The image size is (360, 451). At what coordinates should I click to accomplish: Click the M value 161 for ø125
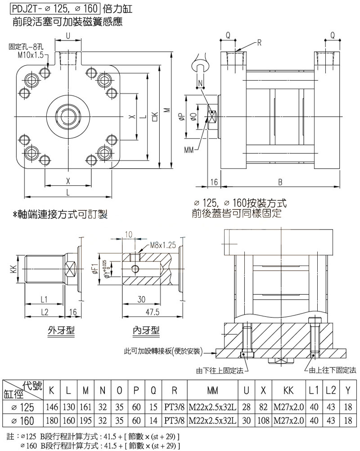click(85, 407)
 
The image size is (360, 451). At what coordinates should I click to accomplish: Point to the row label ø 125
click(22, 407)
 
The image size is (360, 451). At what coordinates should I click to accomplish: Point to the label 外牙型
click(61, 331)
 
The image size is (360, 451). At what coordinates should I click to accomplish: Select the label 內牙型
click(146, 331)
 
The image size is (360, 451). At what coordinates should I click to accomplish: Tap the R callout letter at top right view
click(260, 43)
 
